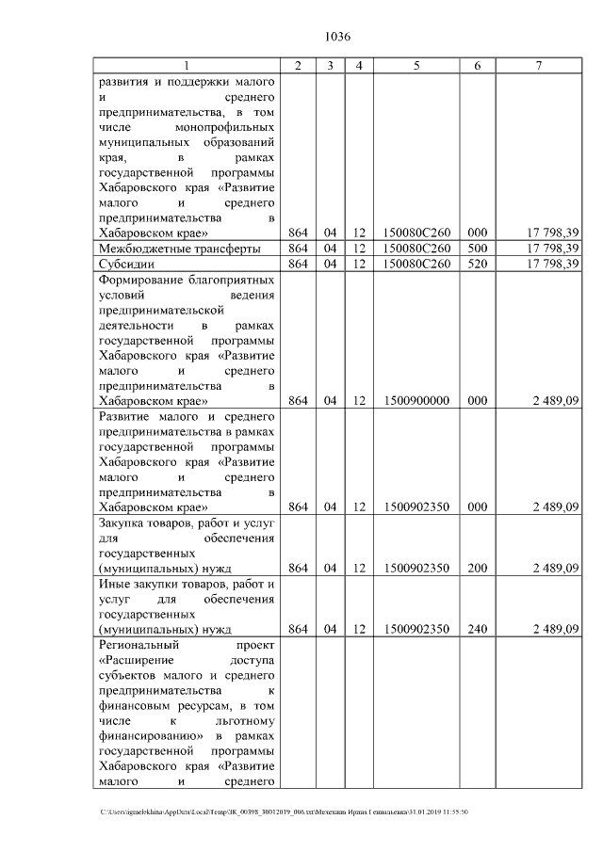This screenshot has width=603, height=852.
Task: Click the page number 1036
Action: tap(337, 37)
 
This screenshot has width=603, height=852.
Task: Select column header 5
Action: tap(416, 65)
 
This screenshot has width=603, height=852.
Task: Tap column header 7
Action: tap(538, 65)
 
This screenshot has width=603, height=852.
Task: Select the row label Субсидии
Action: tap(126, 264)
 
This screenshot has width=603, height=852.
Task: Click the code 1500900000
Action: tap(416, 400)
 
